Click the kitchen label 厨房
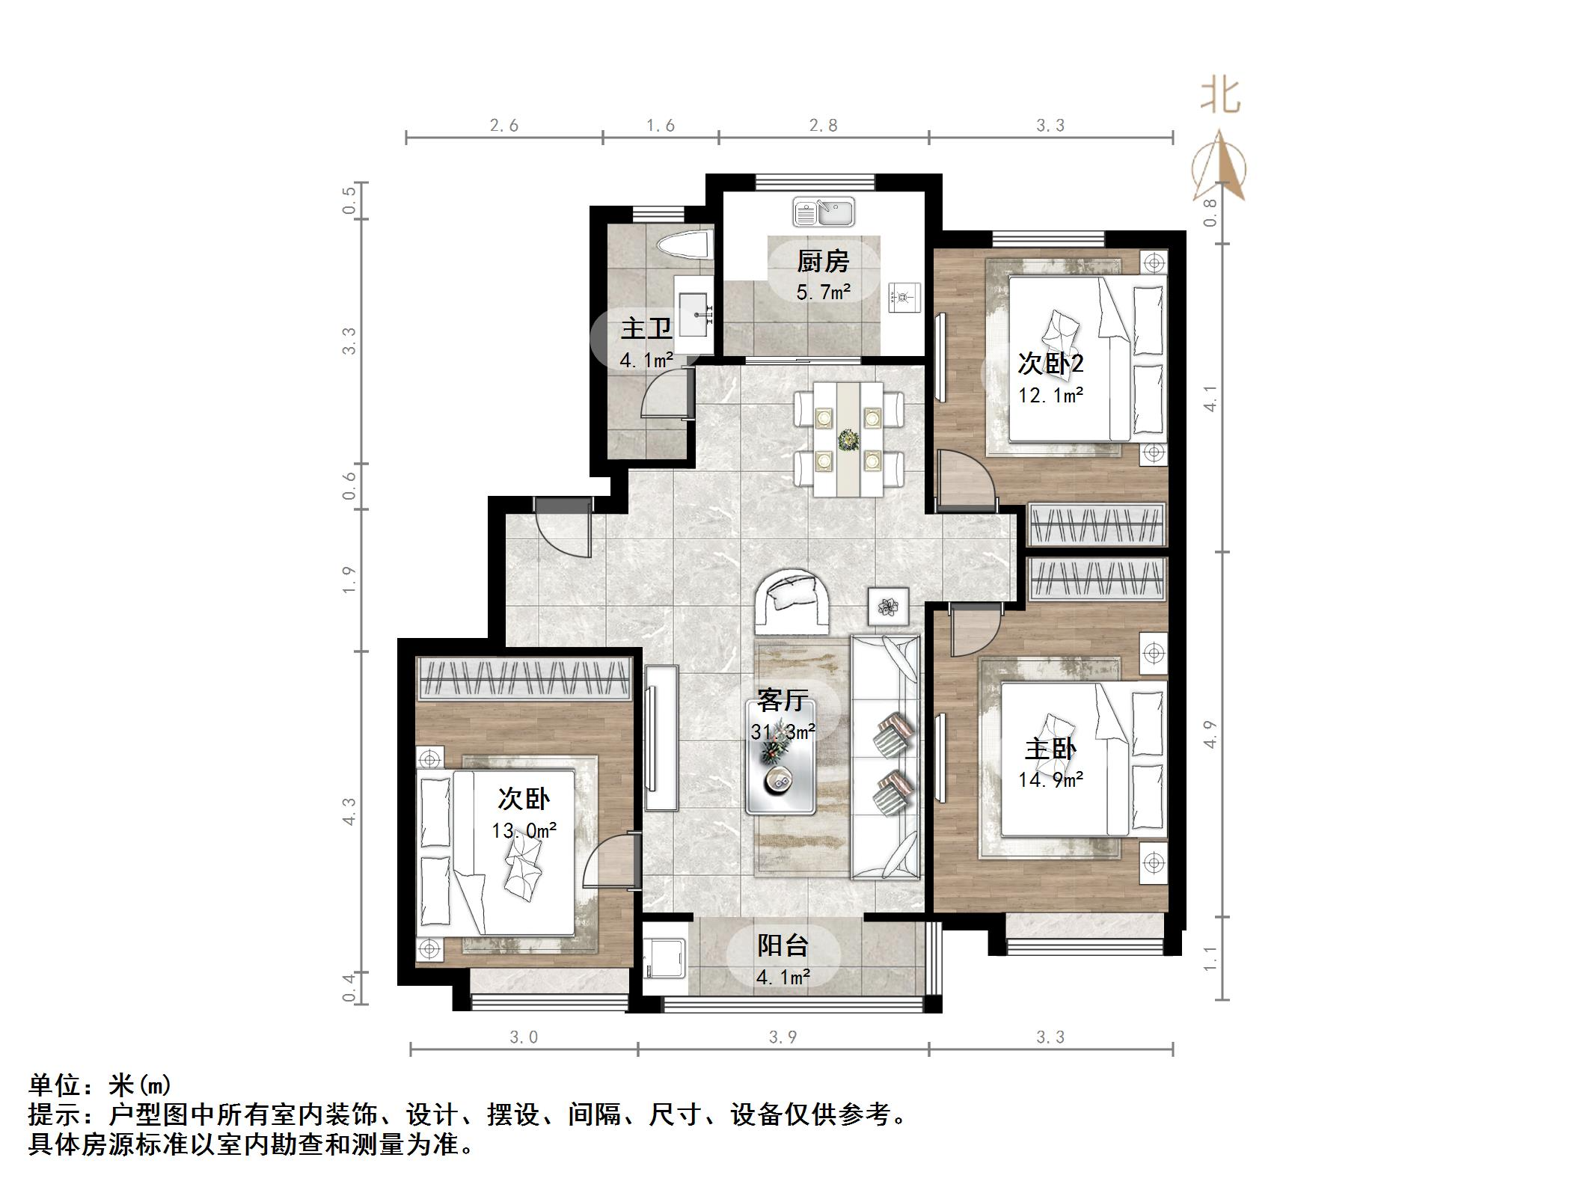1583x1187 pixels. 822,262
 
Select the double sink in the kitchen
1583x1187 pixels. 824,212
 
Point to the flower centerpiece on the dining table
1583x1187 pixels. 848,440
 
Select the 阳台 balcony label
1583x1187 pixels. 783,945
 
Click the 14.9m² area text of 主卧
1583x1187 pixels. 1051,781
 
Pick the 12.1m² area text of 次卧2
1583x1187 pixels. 1051,396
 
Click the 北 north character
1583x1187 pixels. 1221,96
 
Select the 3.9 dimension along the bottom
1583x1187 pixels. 783,1037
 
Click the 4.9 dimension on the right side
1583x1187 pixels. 1211,734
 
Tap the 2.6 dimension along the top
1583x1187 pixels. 504,126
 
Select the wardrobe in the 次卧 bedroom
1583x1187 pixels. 523,678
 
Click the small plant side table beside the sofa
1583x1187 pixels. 888,607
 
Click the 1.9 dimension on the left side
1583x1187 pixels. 349,580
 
